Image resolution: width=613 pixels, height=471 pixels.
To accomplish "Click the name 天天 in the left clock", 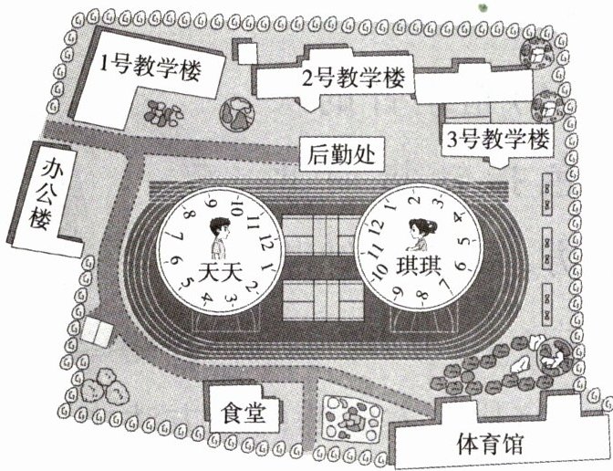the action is [218, 271].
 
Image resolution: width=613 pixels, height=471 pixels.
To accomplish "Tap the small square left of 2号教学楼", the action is [245, 51].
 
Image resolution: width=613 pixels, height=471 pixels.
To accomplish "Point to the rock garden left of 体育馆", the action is [350, 419].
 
